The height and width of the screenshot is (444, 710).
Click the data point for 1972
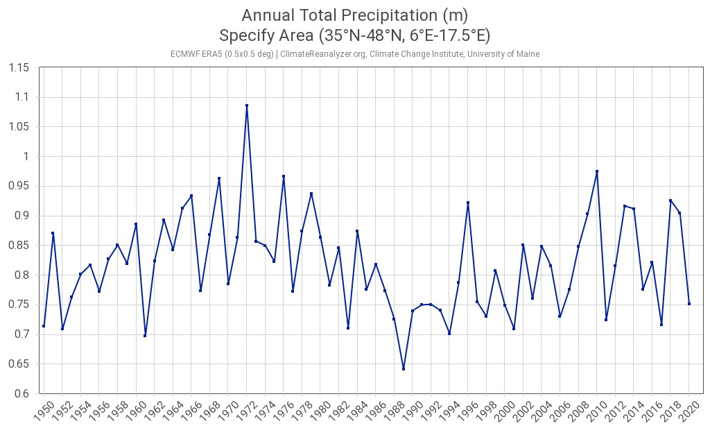247,106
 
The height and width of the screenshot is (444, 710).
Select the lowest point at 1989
404,368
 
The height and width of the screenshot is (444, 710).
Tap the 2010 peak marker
597,171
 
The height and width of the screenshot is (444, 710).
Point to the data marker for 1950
44,326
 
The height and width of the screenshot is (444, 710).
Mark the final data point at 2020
689,303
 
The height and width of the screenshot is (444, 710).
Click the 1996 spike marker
468,203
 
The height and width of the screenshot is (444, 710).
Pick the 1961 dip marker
145,336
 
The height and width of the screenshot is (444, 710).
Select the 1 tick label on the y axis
28,157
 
